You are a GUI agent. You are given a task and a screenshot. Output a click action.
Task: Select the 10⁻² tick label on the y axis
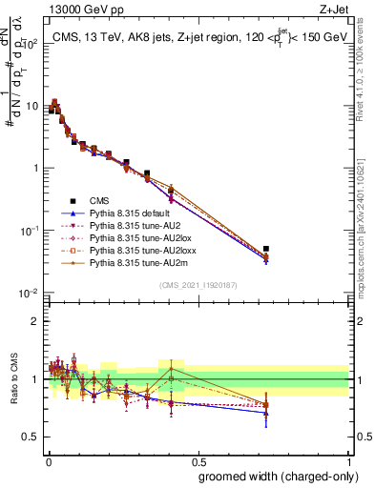[28, 293]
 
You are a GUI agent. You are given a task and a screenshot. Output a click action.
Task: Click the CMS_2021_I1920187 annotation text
[199, 284]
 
